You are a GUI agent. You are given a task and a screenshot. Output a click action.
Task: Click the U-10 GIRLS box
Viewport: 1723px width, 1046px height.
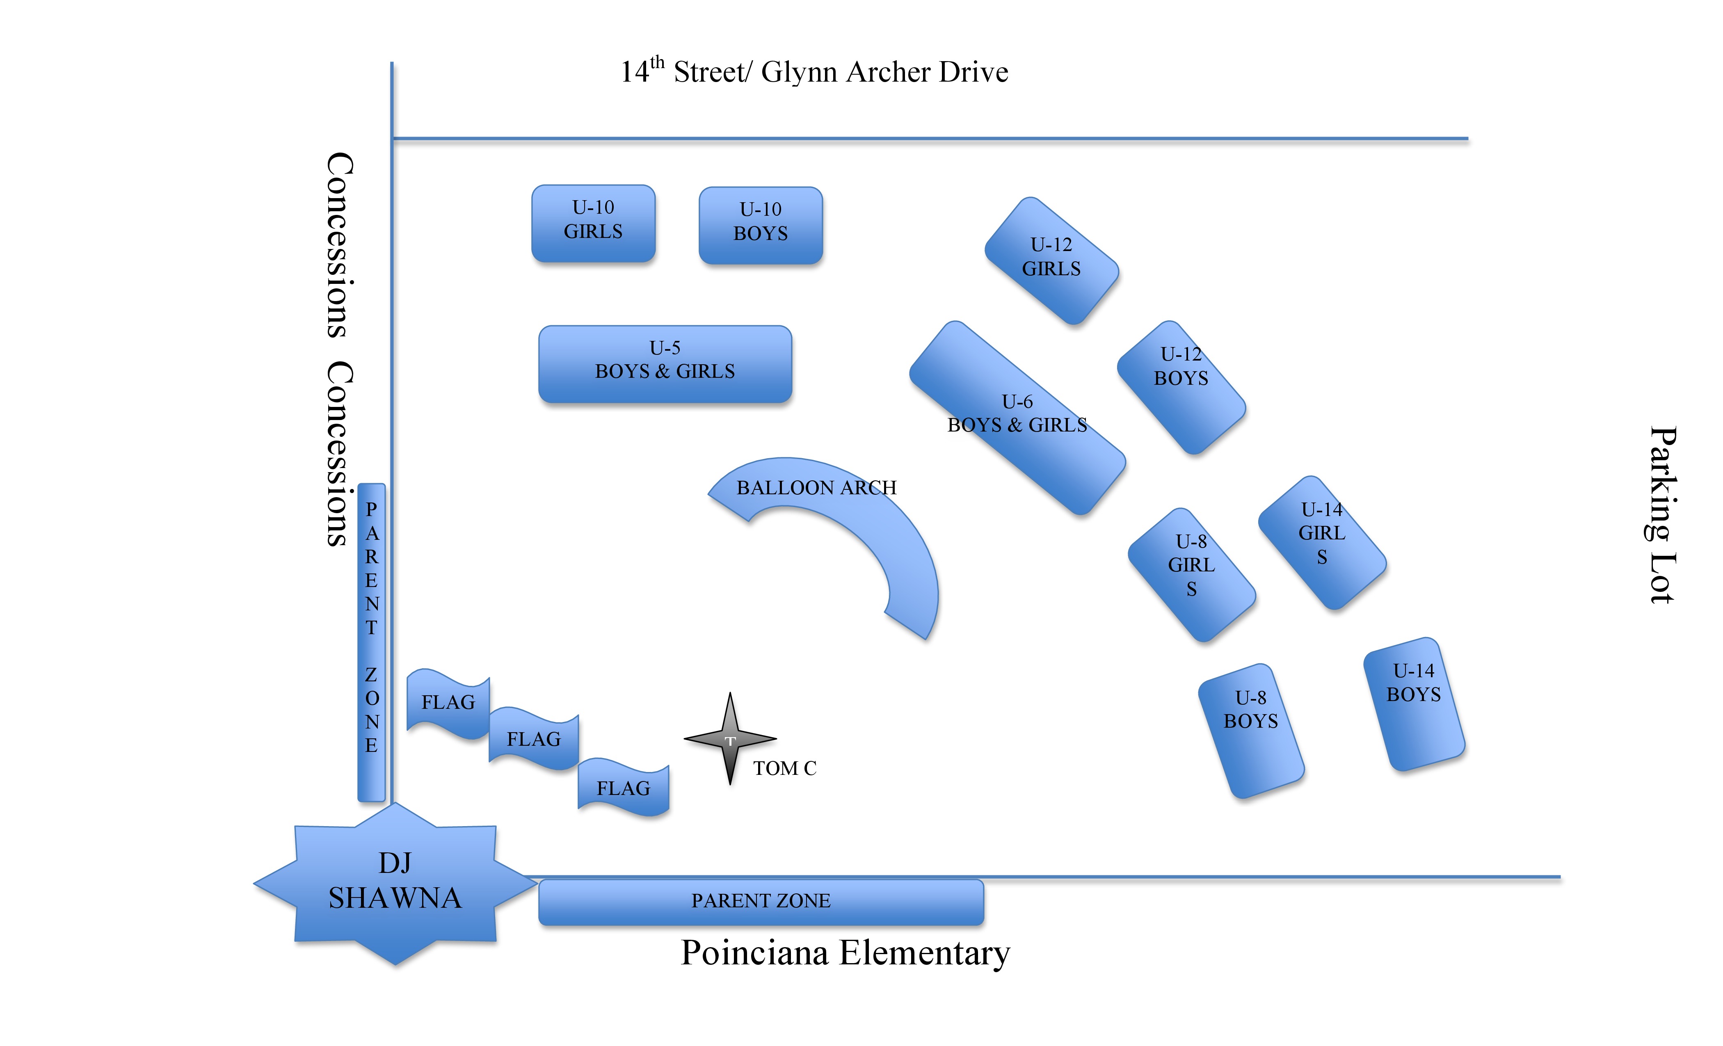click(x=593, y=223)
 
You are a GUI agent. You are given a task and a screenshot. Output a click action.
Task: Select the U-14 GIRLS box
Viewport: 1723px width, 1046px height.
click(x=1322, y=542)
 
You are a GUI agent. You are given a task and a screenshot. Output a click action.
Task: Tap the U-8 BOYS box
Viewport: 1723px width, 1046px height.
click(x=1250, y=730)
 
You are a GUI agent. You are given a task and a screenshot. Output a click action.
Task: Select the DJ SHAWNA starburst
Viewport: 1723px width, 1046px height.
click(x=395, y=882)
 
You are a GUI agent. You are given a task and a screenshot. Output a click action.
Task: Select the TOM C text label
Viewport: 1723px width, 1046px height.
click(x=784, y=768)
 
